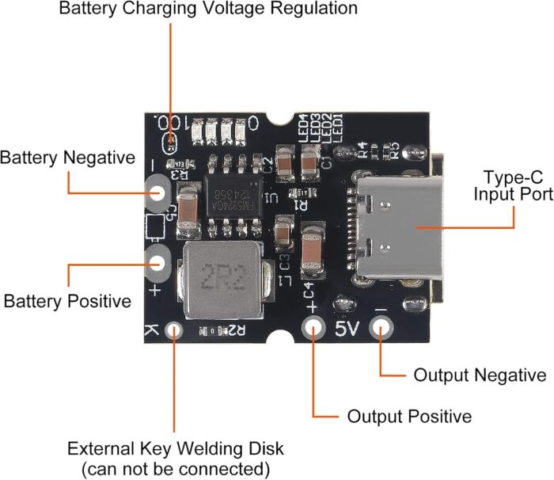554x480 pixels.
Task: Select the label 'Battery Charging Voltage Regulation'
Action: (208, 10)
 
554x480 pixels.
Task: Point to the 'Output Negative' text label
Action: (480, 375)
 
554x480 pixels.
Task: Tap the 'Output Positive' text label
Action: (409, 417)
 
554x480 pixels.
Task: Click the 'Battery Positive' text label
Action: (67, 301)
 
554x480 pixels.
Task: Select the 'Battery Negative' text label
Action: (67, 157)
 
